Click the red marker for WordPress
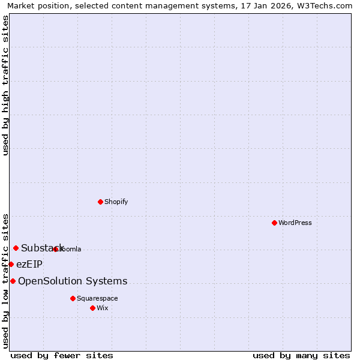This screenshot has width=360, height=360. pos(274,223)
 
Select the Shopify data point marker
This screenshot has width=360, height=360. pos(100,202)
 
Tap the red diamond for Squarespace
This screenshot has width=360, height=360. pos(73,298)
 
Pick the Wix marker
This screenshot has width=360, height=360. pos(92,308)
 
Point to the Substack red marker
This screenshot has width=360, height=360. pos(16,248)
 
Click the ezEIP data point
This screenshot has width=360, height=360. pos(11,264)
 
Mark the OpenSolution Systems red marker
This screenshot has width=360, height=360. pos(13,281)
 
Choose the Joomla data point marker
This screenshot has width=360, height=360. pos(55,249)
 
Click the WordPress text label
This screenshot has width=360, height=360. pos(295,223)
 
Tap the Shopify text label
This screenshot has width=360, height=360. pos(116,202)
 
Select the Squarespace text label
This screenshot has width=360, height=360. pos(97,298)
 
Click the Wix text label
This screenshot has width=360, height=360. pos(103,308)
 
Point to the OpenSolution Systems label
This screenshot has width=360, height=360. pos(73,281)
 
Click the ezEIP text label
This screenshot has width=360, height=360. pos(29,264)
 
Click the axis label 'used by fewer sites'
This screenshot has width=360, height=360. pos(62,355)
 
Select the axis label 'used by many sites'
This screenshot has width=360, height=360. pos(301,355)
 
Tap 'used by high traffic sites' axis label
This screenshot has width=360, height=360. pos(5,85)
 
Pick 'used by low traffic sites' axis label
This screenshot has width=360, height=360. pos(5,280)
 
